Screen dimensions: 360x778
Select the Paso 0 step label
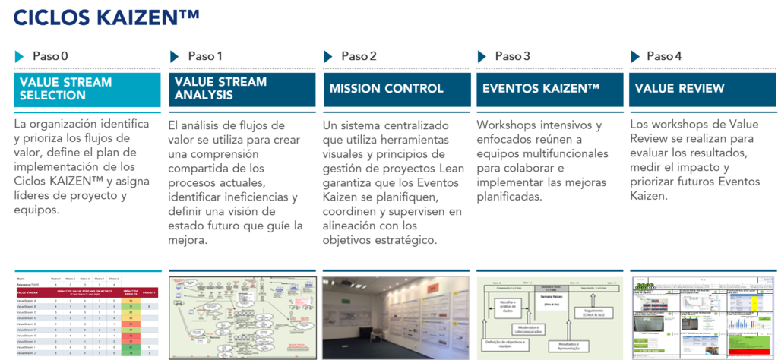point(50,57)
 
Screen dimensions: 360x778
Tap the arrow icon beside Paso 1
point(174,56)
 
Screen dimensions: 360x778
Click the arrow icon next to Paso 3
point(482,57)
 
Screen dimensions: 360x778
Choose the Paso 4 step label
point(664,57)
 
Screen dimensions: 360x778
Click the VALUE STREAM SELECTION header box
point(87,89)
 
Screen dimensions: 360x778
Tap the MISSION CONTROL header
point(395,89)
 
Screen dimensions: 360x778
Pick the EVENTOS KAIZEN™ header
point(549,89)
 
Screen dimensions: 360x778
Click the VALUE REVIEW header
point(702,89)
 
